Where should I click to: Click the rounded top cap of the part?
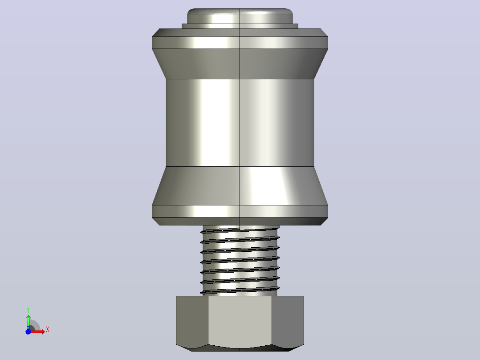tap(240, 16)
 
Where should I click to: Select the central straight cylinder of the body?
tap(240, 123)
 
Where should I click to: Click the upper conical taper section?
tap(240, 64)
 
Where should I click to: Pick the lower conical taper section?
tap(240, 186)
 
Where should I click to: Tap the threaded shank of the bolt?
tap(240, 261)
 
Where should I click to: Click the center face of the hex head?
tap(240, 322)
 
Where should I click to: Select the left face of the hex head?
tap(192, 321)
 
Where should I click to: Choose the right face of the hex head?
tap(288, 321)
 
